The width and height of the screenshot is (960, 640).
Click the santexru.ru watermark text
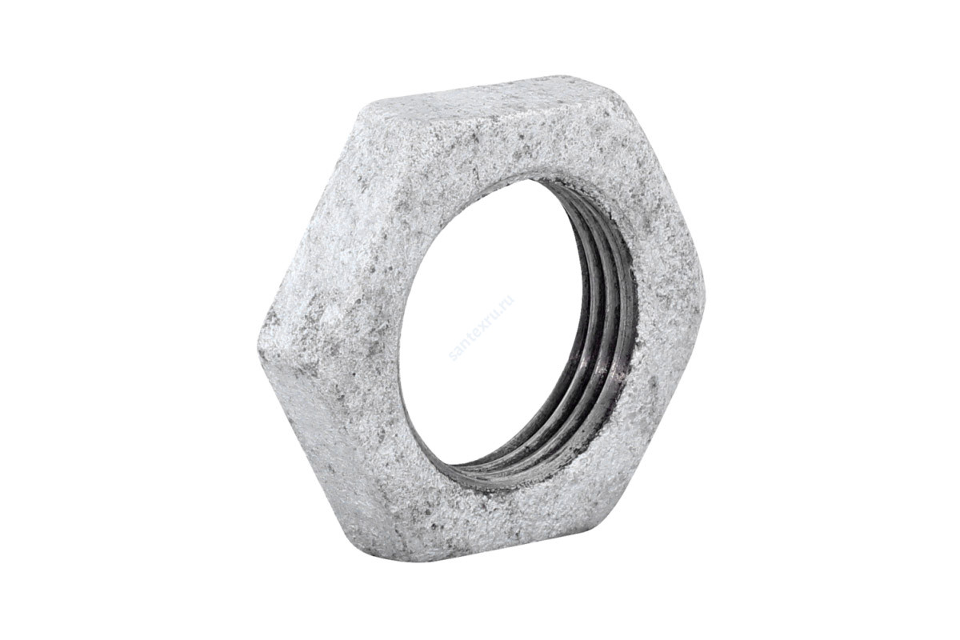[x=481, y=329]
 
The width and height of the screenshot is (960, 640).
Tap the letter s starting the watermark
[x=453, y=356]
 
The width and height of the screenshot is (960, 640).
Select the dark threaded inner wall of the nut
[x=604, y=320]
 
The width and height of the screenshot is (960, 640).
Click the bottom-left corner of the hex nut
[x=392, y=552]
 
